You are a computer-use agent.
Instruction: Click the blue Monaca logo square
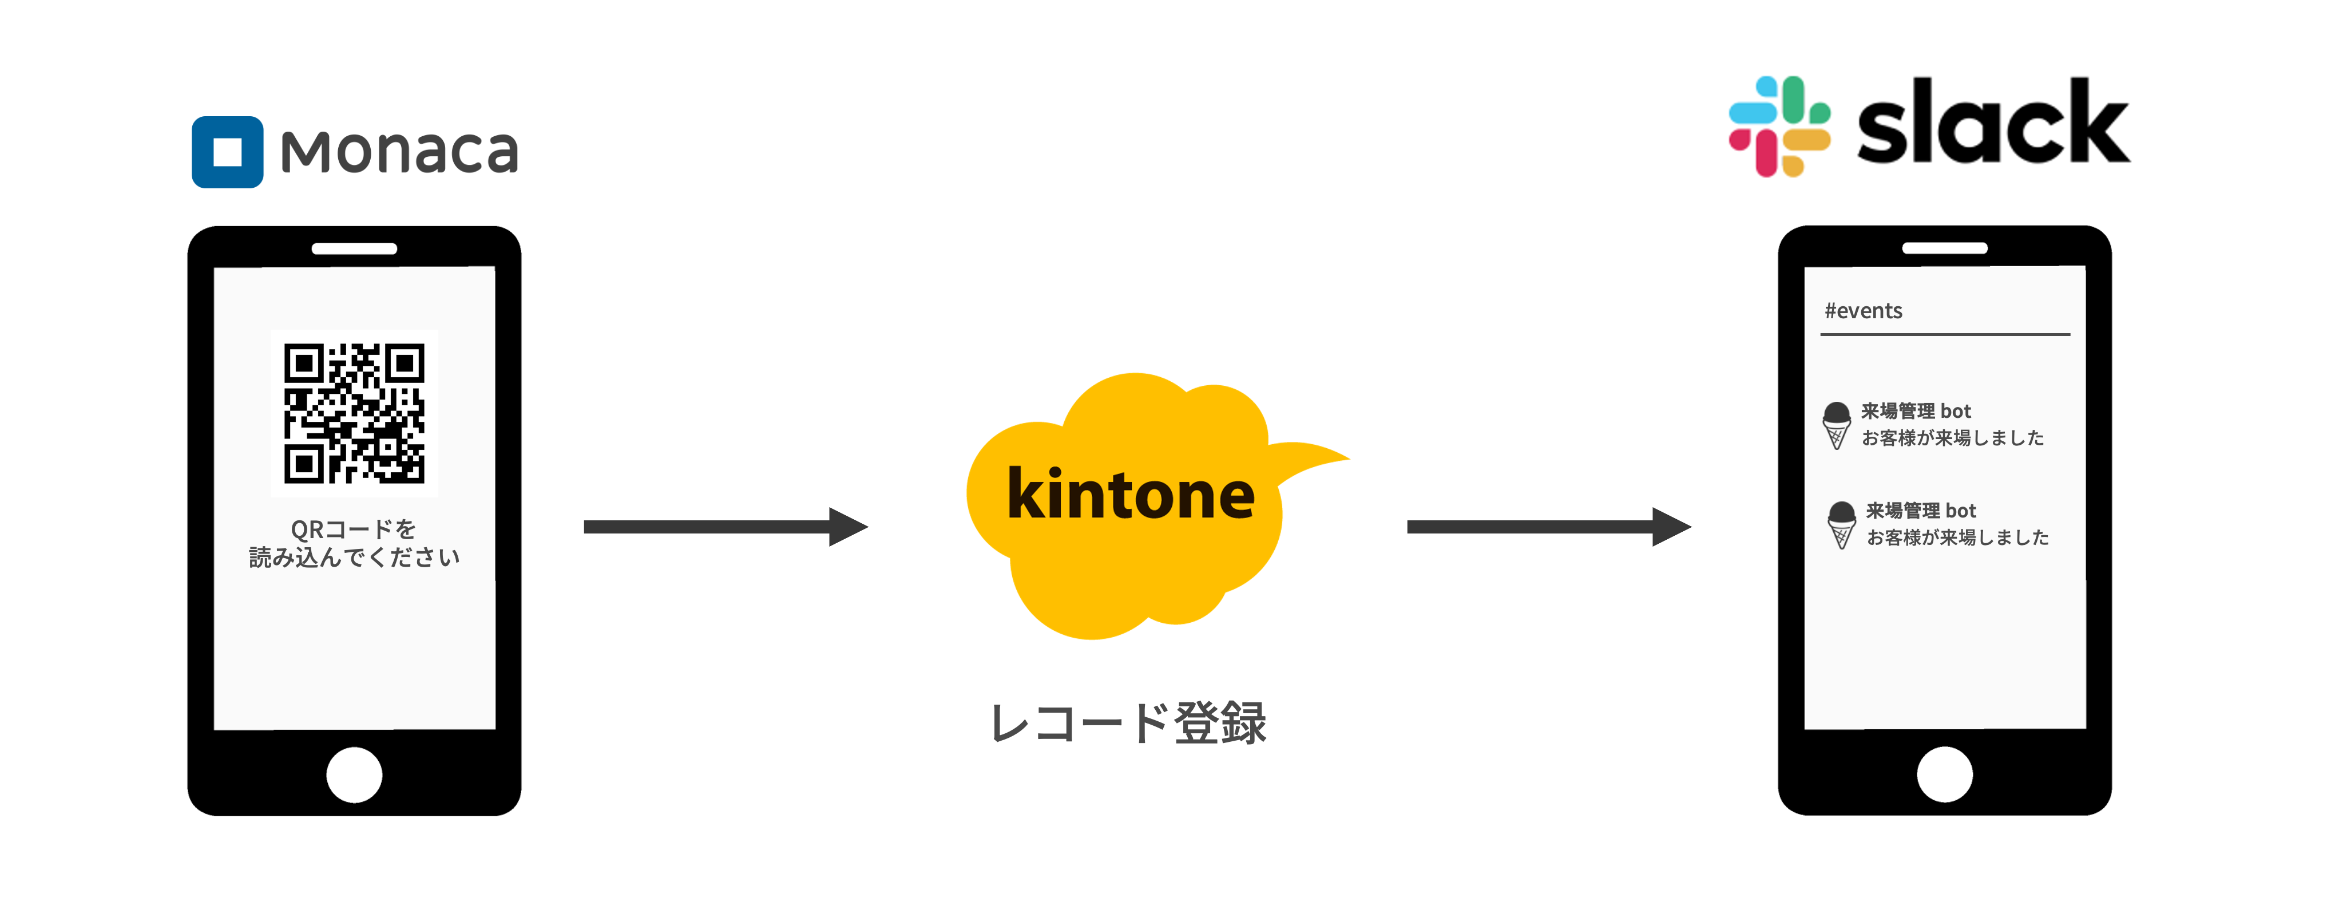(x=227, y=152)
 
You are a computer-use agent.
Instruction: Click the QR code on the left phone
(x=354, y=413)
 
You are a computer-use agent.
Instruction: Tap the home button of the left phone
(x=354, y=774)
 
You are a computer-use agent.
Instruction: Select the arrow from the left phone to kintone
(x=724, y=527)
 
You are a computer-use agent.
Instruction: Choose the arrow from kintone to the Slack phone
(x=1547, y=527)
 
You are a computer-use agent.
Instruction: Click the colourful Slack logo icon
(x=1779, y=127)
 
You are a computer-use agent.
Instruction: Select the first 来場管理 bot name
(x=1916, y=411)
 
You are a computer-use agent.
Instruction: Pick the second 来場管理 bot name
(x=1921, y=511)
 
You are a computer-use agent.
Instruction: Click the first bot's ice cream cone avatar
(x=1836, y=425)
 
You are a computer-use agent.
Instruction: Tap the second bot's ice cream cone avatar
(x=1841, y=525)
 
